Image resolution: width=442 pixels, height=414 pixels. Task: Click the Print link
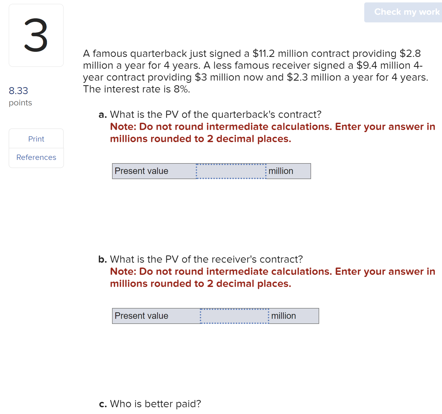(36, 139)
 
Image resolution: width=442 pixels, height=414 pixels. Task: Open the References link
(36, 157)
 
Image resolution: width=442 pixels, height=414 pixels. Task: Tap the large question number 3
(36, 35)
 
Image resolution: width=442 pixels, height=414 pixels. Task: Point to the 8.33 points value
(18, 91)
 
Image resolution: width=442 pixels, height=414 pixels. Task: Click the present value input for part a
(231, 171)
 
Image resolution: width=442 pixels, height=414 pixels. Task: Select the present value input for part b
(234, 316)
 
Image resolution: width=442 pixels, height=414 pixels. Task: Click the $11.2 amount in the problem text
(264, 53)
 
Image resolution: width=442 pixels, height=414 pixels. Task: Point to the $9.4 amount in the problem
(367, 65)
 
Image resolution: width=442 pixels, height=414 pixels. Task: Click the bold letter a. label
(103, 115)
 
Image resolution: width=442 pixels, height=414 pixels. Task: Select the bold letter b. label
(103, 259)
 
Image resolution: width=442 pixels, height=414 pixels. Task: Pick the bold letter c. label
(103, 404)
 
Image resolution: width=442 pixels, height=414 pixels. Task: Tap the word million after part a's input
(281, 171)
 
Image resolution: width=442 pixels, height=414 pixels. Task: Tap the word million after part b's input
(284, 316)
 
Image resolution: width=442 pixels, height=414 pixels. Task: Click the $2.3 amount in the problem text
(297, 77)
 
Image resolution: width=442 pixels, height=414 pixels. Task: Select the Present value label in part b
(141, 316)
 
